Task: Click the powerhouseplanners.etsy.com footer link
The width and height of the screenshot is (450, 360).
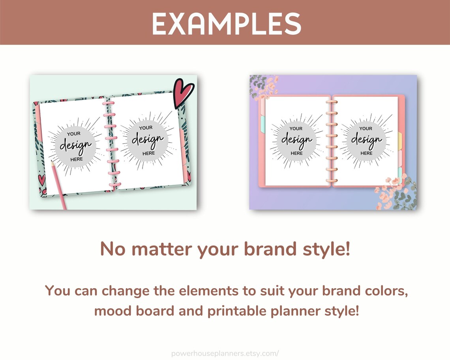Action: click(225, 353)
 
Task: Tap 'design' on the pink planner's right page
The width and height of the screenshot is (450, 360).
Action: click(366, 140)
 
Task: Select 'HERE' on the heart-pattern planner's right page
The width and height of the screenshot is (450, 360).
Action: click(148, 153)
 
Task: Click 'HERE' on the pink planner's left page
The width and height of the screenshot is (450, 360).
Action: click(296, 153)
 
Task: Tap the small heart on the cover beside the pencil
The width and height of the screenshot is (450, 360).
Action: click(41, 180)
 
